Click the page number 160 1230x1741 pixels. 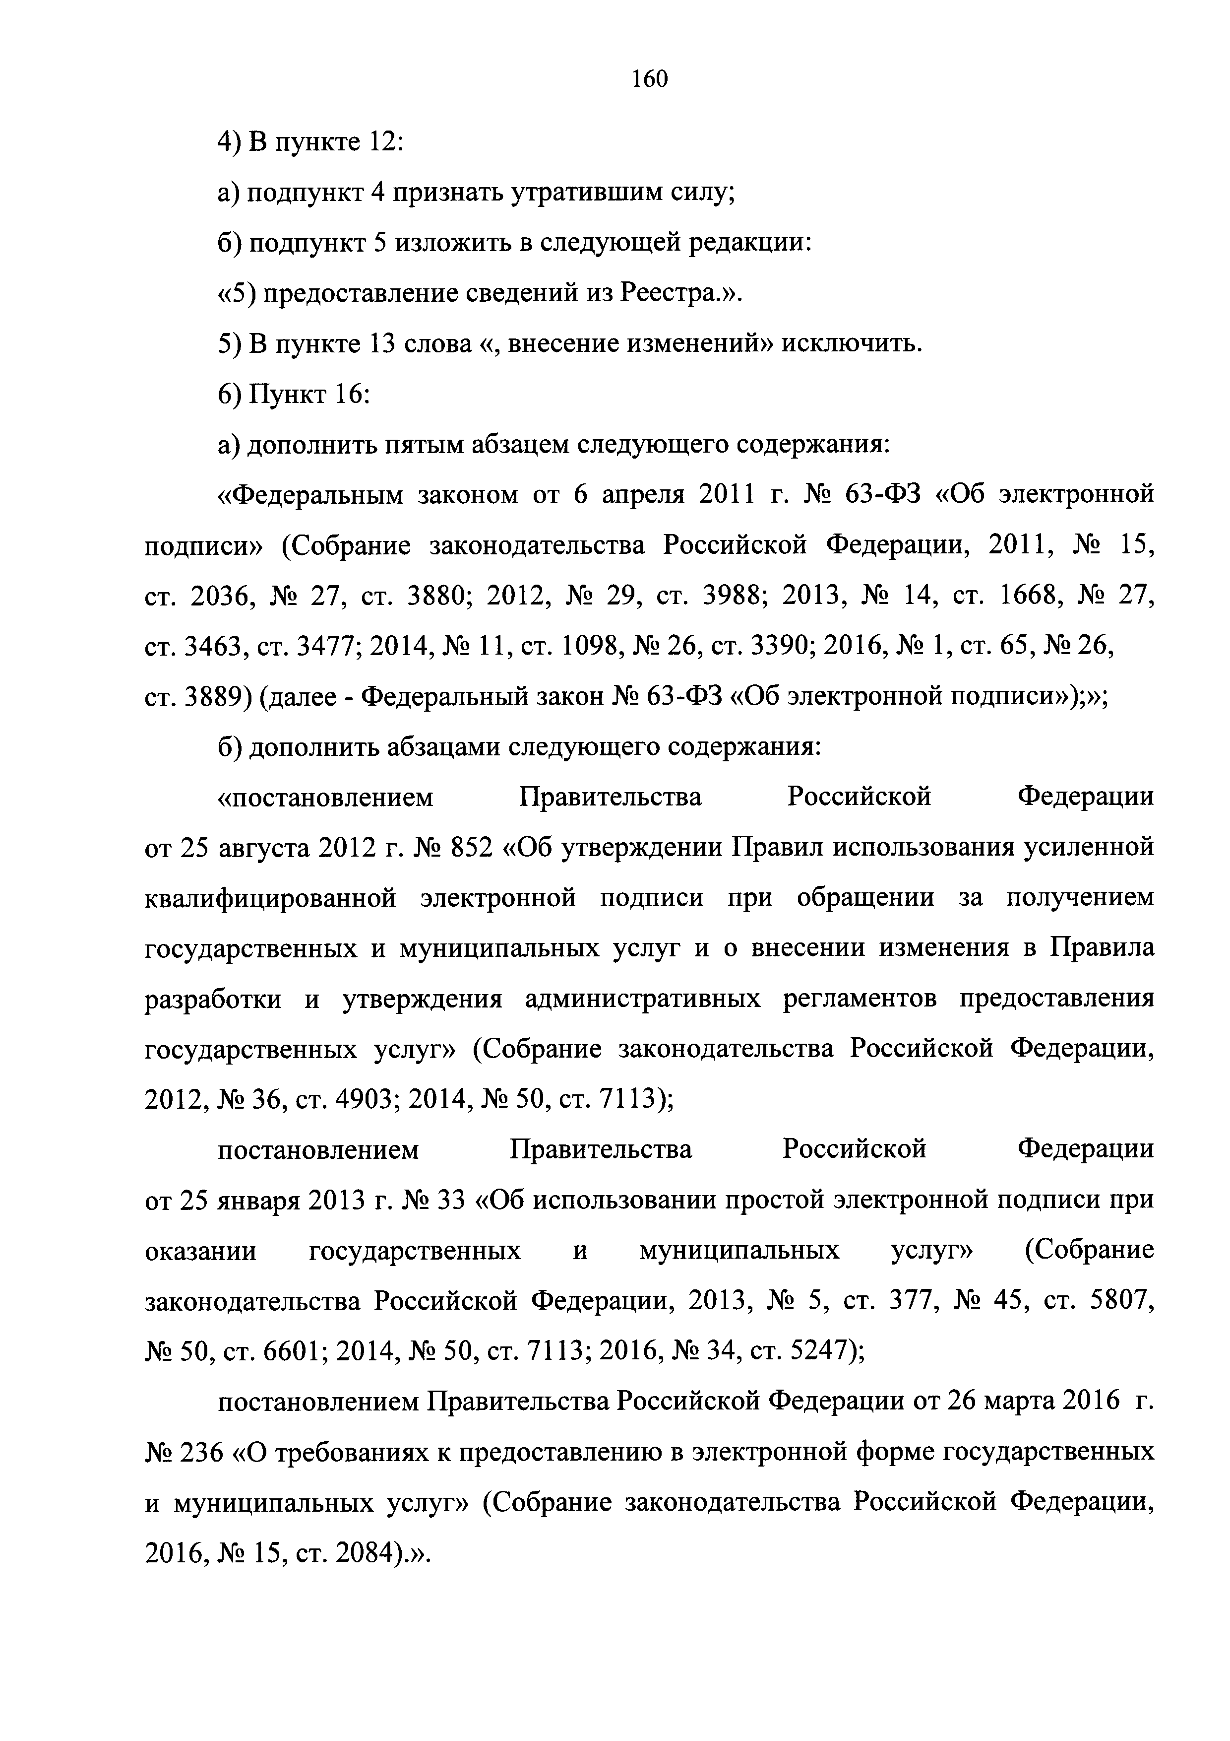pyautogui.click(x=650, y=79)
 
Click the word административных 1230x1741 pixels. pyautogui.click(x=643, y=1000)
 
